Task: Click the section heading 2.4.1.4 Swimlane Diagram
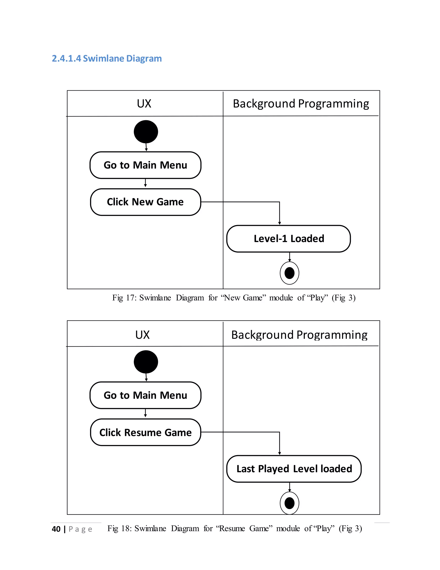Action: click(107, 59)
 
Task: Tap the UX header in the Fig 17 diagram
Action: click(144, 104)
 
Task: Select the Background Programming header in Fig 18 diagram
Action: click(299, 335)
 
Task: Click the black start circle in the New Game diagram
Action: click(146, 132)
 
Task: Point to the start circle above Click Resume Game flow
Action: click(146, 362)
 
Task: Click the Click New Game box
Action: click(145, 202)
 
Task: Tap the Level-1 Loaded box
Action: click(289, 239)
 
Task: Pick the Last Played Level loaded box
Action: click(294, 469)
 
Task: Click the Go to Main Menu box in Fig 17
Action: click(145, 165)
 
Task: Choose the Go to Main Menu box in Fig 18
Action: click(145, 395)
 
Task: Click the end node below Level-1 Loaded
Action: click(289, 273)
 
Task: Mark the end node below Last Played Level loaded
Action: click(289, 503)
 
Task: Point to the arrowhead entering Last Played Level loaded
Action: click(280, 453)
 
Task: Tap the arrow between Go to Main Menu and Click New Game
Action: click(145, 183)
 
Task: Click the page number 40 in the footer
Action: click(56, 529)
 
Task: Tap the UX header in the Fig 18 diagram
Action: click(142, 335)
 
